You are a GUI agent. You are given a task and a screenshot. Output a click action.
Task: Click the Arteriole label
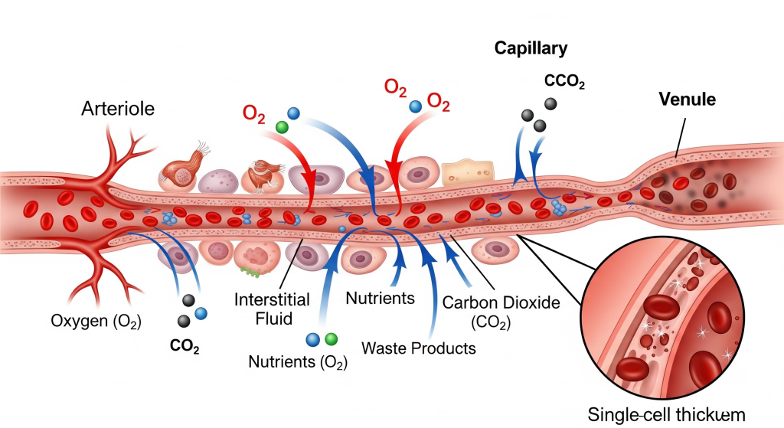point(118,109)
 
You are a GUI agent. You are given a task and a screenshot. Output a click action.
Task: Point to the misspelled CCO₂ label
point(564,81)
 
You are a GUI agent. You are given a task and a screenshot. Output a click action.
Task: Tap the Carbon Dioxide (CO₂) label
point(501,309)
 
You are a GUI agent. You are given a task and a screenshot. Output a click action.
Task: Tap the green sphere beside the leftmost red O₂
point(281,127)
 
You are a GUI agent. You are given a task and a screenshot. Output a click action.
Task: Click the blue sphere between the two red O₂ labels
point(415,106)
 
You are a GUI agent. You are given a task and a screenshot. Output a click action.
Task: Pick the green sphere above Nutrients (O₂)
point(331,338)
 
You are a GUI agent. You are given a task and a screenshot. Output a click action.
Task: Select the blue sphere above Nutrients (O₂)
point(312,339)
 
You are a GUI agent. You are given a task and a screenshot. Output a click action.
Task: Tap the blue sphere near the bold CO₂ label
point(201,313)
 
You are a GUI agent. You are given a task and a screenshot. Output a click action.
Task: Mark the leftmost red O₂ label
point(253,113)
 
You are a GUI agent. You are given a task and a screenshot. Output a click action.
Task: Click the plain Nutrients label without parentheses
point(381,296)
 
